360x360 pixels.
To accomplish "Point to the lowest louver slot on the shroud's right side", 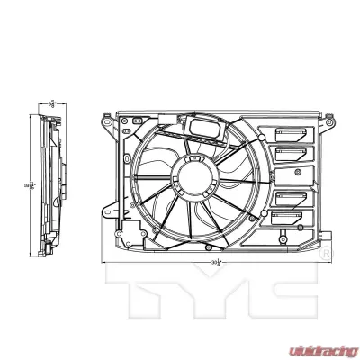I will coord(290,217).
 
